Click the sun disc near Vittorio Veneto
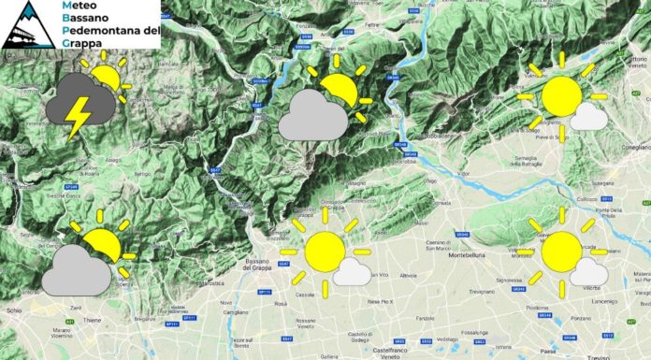click(x=561, y=96)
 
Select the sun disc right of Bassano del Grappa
click(x=325, y=251)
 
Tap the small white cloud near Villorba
click(x=587, y=272)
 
